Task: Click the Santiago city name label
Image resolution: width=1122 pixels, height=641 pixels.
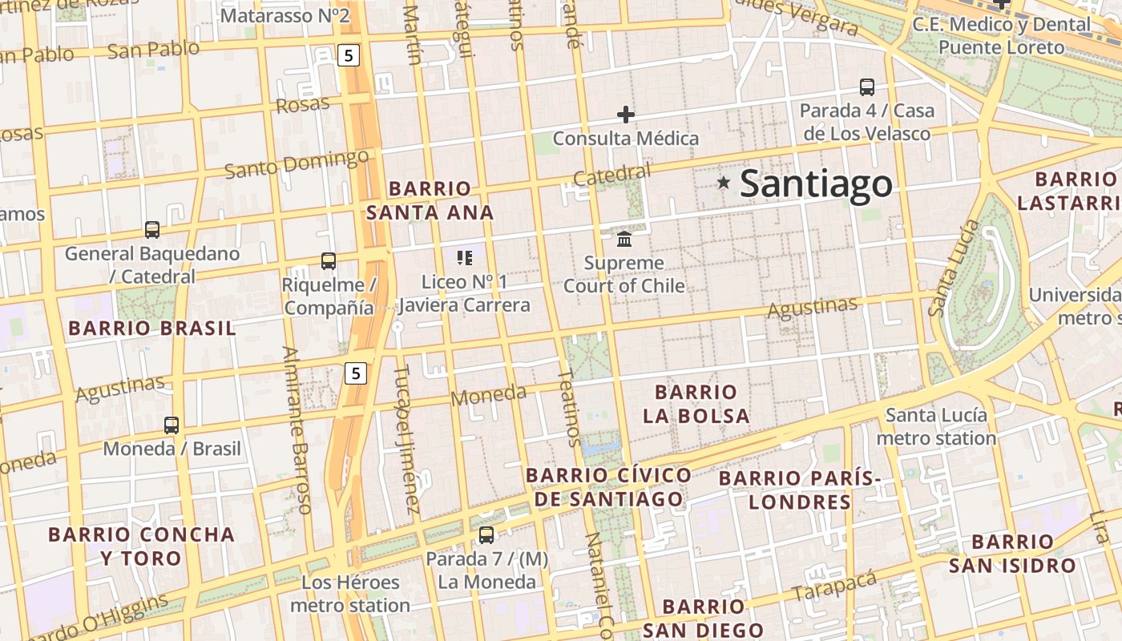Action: (x=815, y=183)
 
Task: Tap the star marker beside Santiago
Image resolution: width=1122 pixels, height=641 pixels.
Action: (x=724, y=183)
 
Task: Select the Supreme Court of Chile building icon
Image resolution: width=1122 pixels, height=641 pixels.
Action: (x=624, y=239)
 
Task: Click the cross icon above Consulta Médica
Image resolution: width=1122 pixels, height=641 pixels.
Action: (x=626, y=115)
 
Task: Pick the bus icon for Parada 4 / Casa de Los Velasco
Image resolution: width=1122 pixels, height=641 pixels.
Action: (x=866, y=87)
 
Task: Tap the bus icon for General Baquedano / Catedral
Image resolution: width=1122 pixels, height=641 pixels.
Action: (x=152, y=230)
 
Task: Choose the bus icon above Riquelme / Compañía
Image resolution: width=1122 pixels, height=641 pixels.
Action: (x=329, y=260)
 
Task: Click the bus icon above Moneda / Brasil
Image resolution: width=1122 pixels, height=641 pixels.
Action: (x=172, y=425)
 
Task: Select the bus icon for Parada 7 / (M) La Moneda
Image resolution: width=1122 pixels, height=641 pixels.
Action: (x=486, y=534)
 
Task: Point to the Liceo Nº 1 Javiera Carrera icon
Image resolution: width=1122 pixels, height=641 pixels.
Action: (x=465, y=258)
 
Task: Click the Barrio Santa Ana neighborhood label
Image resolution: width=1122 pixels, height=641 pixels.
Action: (x=430, y=200)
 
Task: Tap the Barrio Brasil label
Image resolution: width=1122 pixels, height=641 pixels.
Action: (x=152, y=329)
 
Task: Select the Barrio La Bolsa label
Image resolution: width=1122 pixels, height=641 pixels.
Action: (x=696, y=404)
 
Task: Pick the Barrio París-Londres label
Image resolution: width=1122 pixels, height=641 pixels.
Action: (x=799, y=490)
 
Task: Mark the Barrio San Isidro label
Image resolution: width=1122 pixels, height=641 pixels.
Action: (x=1012, y=554)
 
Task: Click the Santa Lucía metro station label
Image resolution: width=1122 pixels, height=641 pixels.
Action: (x=936, y=427)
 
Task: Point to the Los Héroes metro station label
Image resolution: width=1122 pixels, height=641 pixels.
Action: (x=350, y=594)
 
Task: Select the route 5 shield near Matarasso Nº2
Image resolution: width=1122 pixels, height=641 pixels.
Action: (x=349, y=55)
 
